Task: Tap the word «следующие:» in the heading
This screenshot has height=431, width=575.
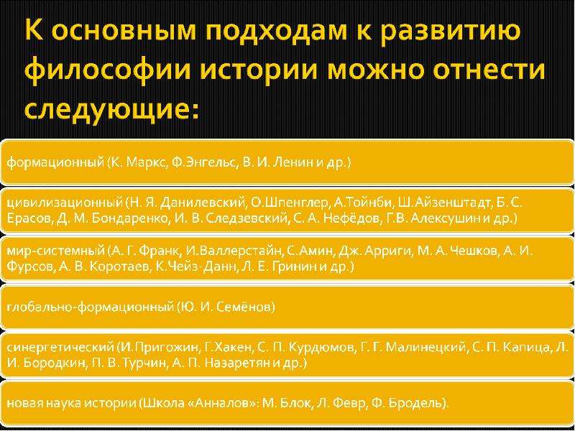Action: pyautogui.click(x=112, y=108)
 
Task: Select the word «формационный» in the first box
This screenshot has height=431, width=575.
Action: pyautogui.click(x=55, y=162)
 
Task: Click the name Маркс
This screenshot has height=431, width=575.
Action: pyautogui.click(x=147, y=162)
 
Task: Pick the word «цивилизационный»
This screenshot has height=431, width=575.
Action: pyautogui.click(x=65, y=203)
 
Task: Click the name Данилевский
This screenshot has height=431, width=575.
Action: pyautogui.click(x=202, y=203)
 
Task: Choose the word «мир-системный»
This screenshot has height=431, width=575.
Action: pyautogui.click(x=56, y=251)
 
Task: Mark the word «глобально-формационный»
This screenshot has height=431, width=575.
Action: pyautogui.click(x=90, y=307)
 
